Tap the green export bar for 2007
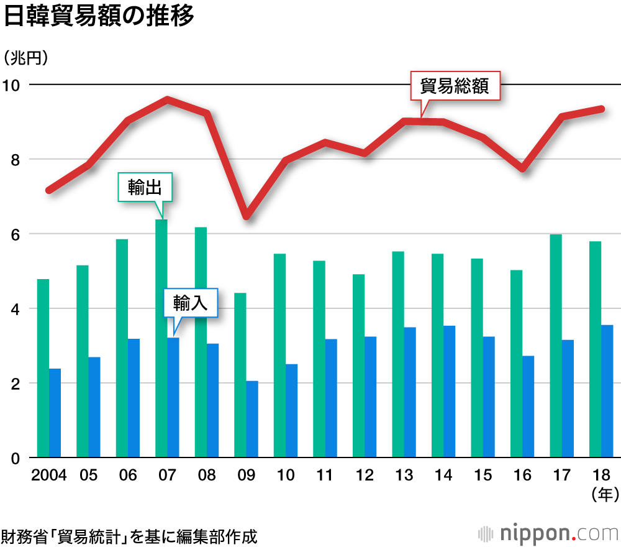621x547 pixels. coord(161,339)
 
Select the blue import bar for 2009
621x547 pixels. coord(252,420)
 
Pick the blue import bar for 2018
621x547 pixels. coord(607,392)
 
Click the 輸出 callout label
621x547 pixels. coord(145,187)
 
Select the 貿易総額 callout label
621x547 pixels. coord(455,86)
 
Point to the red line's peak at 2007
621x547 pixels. coord(168,99)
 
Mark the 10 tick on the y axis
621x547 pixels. coord(13,85)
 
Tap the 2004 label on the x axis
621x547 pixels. coord(49,476)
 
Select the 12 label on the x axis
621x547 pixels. coord(365,476)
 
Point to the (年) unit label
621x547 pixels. coord(602,495)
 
